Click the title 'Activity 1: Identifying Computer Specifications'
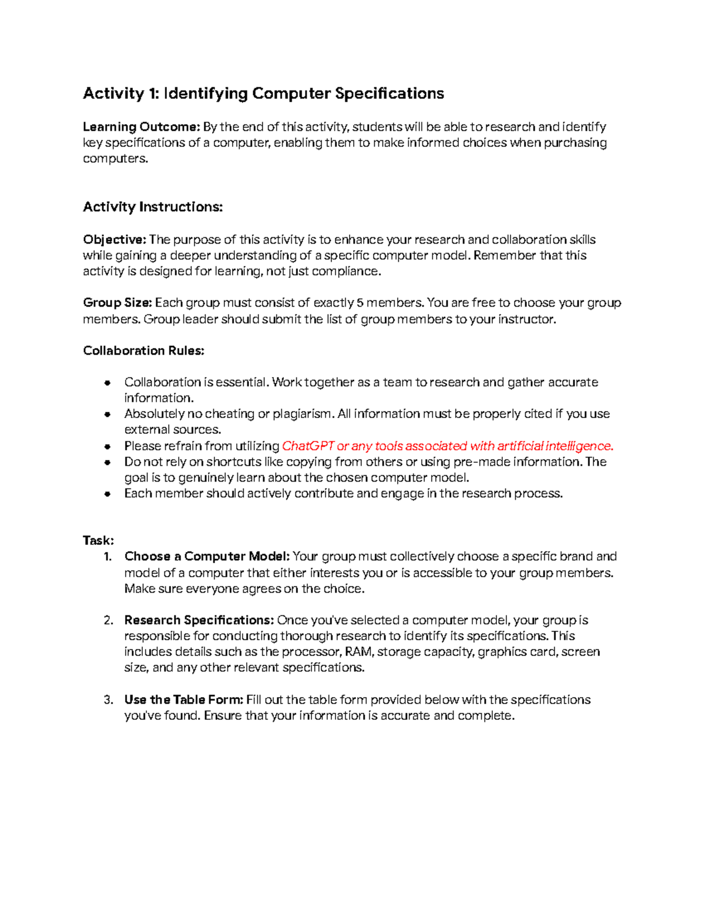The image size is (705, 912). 263,93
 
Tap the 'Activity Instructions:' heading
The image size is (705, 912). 153,207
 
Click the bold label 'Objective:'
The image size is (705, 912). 115,240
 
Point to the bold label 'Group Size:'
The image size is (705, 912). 117,303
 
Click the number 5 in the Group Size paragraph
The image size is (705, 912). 360,303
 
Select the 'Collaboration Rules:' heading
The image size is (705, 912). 143,351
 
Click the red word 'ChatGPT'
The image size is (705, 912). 308,446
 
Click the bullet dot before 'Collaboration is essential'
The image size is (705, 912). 108,383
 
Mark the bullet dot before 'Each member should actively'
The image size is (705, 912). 108,494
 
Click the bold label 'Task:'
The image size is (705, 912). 98,540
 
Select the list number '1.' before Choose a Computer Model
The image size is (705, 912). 108,557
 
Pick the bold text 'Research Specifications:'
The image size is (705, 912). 199,620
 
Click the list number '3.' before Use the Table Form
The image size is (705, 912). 108,700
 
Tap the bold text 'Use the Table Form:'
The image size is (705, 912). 183,700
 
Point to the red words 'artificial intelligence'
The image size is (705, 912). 555,446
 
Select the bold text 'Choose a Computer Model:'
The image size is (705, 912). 207,557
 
